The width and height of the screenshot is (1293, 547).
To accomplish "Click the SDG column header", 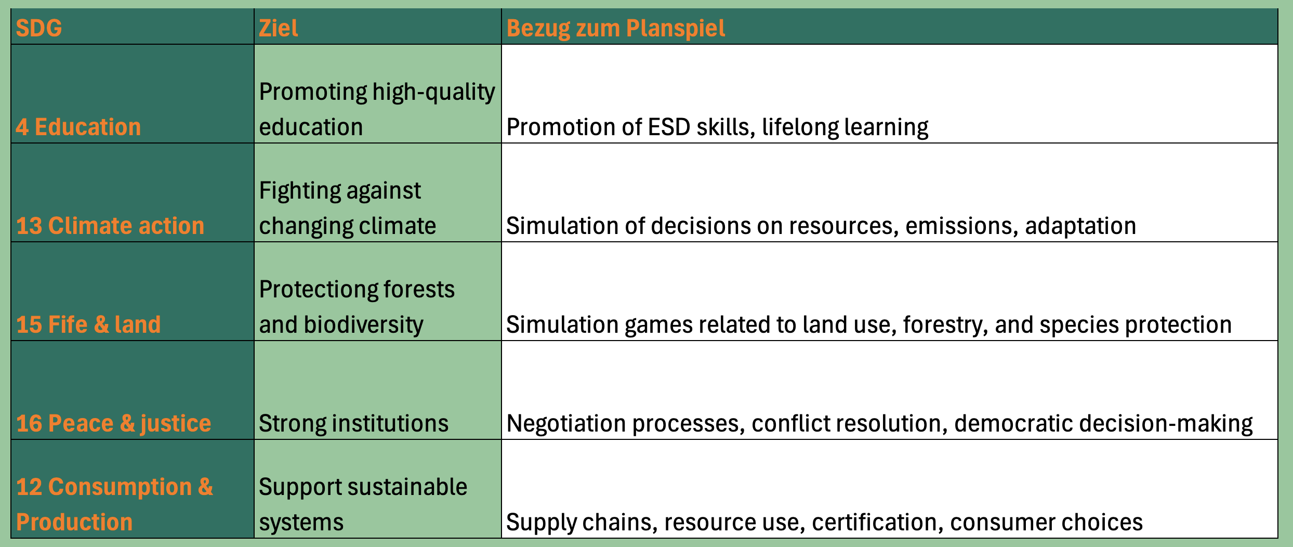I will pyautogui.click(x=39, y=28).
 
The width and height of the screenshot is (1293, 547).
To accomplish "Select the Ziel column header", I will pyautogui.click(x=279, y=28).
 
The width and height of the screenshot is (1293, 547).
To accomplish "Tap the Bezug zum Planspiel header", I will pyautogui.click(x=615, y=28).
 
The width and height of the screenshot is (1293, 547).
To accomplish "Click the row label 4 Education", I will pyautogui.click(x=78, y=127).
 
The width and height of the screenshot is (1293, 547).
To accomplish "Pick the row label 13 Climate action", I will pyautogui.click(x=110, y=226).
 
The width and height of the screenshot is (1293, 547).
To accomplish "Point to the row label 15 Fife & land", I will pyautogui.click(x=88, y=324).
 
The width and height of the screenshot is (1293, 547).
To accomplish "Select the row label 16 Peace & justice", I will pyautogui.click(x=114, y=423).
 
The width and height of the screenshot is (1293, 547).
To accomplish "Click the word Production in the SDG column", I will pyautogui.click(x=74, y=522).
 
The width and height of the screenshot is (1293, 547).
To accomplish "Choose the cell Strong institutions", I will pyautogui.click(x=353, y=423).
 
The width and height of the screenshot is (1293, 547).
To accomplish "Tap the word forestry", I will pyautogui.click(x=945, y=324).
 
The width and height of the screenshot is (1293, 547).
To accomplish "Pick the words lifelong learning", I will pyautogui.click(x=845, y=127).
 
